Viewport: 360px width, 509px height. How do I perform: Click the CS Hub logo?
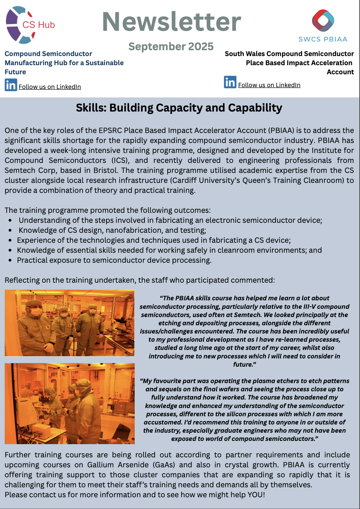29,25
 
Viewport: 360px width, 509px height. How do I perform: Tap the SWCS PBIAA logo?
323,25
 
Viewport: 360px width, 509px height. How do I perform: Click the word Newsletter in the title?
171,22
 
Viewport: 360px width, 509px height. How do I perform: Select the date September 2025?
171,46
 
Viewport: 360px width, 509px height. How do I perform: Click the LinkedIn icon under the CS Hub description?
11,85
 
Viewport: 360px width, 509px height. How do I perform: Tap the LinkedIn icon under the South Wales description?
230,82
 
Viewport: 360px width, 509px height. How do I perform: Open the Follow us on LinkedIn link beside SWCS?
269,85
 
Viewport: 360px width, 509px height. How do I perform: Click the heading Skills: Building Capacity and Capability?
179,108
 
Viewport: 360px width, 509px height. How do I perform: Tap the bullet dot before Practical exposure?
10,260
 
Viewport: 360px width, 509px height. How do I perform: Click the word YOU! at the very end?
256,495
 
